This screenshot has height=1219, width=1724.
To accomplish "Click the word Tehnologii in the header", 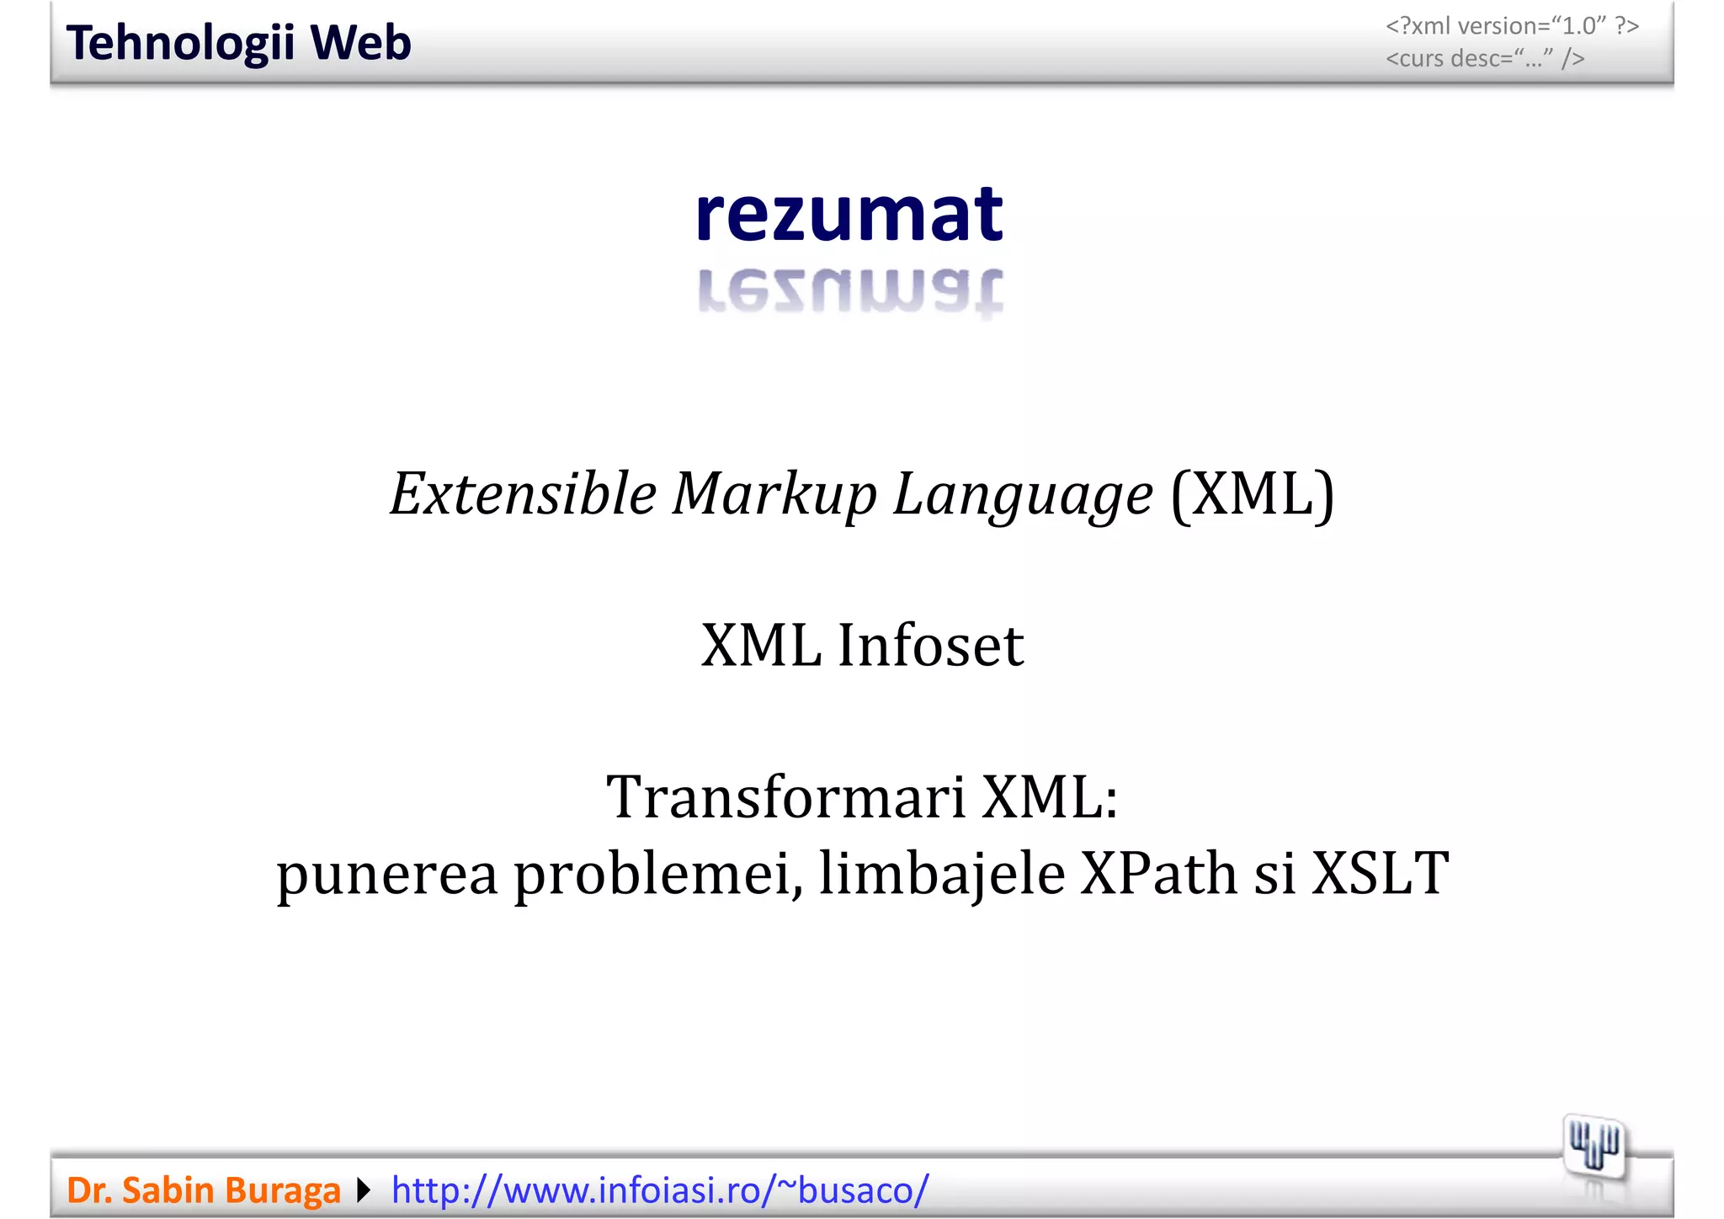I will pyautogui.click(x=178, y=43).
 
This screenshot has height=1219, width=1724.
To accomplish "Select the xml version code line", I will pyautogui.click(x=1512, y=26).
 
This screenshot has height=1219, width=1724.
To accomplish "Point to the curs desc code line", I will pyautogui.click(x=1485, y=59).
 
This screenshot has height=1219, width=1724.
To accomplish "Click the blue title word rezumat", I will pyautogui.click(x=849, y=215).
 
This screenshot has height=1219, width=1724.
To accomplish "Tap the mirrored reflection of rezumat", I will pyautogui.click(x=849, y=291).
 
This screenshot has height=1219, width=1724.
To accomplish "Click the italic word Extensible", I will pyautogui.click(x=523, y=494).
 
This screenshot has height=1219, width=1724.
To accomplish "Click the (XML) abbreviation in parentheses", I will pyautogui.click(x=1253, y=494).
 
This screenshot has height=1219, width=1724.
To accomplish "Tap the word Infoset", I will pyautogui.click(x=930, y=646).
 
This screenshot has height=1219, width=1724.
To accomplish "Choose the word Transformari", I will pyautogui.click(x=785, y=797).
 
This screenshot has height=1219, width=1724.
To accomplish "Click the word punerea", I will pyautogui.click(x=387, y=874).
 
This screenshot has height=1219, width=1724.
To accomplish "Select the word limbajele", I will pyautogui.click(x=942, y=874).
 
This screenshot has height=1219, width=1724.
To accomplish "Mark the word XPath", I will pyautogui.click(x=1158, y=874).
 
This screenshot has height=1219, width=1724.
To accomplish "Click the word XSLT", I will pyautogui.click(x=1380, y=874).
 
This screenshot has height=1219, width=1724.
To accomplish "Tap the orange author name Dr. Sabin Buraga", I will pyautogui.click(x=204, y=1190).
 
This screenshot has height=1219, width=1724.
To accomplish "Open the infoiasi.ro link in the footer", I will pyautogui.click(x=660, y=1190).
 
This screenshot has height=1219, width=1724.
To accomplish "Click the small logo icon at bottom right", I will pyautogui.click(x=1594, y=1147).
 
